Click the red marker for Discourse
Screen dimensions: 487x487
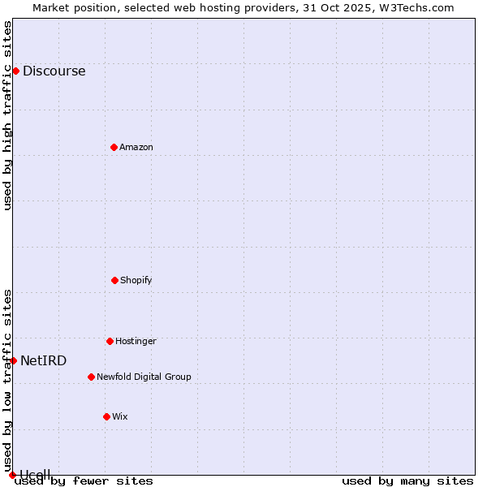tap(15, 71)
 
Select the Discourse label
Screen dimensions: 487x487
tap(54, 71)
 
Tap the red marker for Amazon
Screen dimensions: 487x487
tap(114, 147)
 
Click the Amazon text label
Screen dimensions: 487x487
tap(136, 148)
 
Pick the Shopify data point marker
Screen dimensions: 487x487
tap(114, 280)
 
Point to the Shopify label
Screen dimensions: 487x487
tap(136, 281)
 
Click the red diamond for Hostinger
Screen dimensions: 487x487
tap(110, 341)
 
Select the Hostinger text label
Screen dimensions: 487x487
tap(136, 342)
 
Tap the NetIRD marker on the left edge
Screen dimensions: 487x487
tap(13, 360)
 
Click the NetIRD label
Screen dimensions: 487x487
tap(44, 361)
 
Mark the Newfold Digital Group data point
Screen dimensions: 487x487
tap(91, 377)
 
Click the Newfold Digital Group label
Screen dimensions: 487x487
tap(144, 377)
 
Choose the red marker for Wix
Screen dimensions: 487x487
tap(106, 416)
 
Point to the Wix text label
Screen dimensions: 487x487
tap(120, 417)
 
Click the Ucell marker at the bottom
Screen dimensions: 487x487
tap(12, 475)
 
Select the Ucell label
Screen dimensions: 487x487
tap(35, 474)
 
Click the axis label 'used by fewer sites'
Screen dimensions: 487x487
tap(84, 481)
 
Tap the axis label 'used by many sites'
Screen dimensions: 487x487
tap(407, 481)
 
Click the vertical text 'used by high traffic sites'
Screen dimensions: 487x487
tap(8, 115)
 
